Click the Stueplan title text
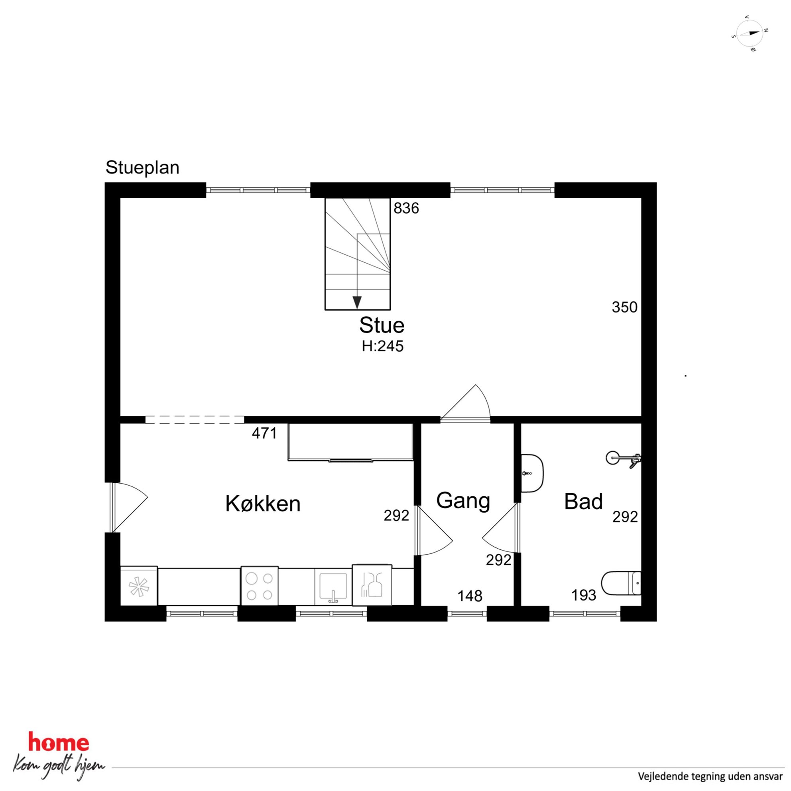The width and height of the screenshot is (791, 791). (x=142, y=168)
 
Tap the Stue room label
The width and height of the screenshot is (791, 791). (x=382, y=325)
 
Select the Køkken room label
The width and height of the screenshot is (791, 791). (x=263, y=503)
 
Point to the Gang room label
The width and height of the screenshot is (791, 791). (x=463, y=501)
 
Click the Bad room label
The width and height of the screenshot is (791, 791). (x=583, y=501)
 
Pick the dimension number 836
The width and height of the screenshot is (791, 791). (x=406, y=209)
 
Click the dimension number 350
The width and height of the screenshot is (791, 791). (x=624, y=307)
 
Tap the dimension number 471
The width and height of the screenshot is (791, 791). (x=264, y=433)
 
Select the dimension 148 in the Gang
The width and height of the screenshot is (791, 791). (x=470, y=596)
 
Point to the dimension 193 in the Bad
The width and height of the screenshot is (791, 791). (x=583, y=595)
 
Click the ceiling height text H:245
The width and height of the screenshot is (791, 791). (x=382, y=346)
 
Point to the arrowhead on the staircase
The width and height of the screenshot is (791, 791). (x=357, y=303)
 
